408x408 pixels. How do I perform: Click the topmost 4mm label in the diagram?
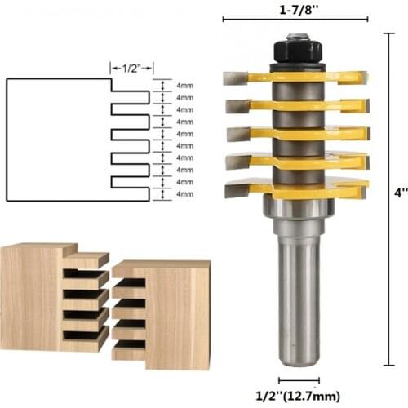(184, 85)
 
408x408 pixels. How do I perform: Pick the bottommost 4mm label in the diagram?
(184, 194)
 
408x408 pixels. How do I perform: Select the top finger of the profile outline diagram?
(131, 97)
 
